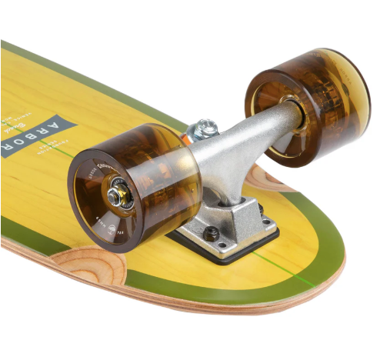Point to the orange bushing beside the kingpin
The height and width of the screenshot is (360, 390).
(x=187, y=138)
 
